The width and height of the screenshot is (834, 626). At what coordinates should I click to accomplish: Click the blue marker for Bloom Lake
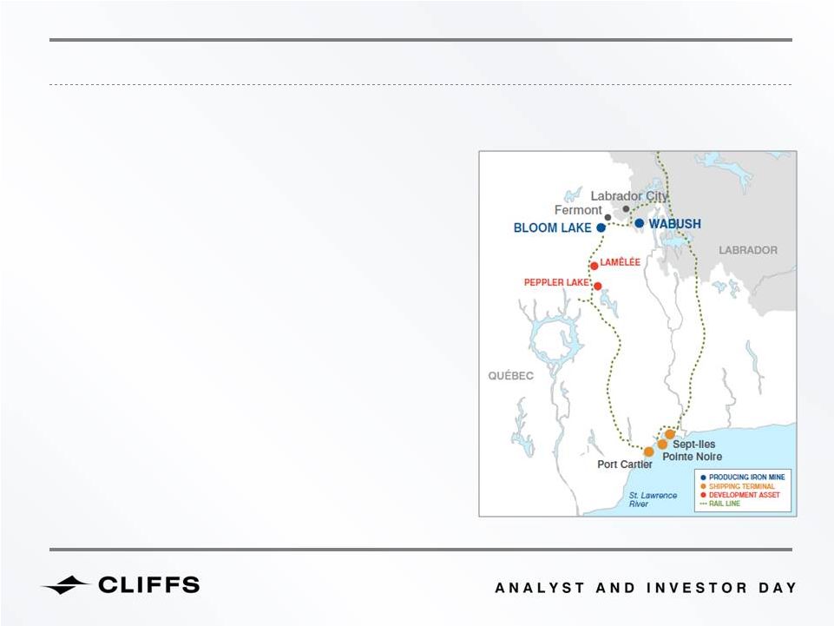pyautogui.click(x=601, y=227)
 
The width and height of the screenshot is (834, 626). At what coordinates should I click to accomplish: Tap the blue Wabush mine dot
pyautogui.click(x=640, y=223)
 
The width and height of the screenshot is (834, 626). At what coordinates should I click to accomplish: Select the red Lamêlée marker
pyautogui.click(x=594, y=266)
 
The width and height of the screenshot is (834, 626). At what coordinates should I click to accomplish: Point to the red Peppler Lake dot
pyautogui.click(x=597, y=286)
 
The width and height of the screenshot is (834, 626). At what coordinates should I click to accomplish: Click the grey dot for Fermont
pyautogui.click(x=608, y=217)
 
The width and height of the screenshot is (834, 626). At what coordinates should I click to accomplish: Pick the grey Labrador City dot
pyautogui.click(x=626, y=208)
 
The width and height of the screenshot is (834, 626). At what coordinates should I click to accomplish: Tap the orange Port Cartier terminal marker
pyautogui.click(x=649, y=452)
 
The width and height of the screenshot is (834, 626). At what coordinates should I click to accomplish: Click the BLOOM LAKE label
pyautogui.click(x=552, y=227)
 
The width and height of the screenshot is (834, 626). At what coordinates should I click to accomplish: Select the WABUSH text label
pyautogui.click(x=674, y=224)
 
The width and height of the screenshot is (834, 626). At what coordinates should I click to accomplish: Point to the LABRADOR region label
pyautogui.click(x=748, y=250)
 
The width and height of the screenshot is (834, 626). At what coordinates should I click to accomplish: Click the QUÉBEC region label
pyautogui.click(x=510, y=376)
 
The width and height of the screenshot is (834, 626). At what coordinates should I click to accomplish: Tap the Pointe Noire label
pyautogui.click(x=692, y=457)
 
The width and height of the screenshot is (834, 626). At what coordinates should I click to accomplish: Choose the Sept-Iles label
pyautogui.click(x=693, y=444)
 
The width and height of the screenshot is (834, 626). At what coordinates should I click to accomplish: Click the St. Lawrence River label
pyautogui.click(x=653, y=499)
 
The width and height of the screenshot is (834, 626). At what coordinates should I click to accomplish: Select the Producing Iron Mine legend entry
pyautogui.click(x=743, y=477)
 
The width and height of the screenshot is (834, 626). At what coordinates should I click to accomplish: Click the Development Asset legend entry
pyautogui.click(x=740, y=495)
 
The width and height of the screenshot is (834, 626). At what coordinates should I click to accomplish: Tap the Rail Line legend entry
pyautogui.click(x=719, y=503)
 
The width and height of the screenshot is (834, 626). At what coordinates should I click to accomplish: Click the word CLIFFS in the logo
pyautogui.click(x=149, y=584)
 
